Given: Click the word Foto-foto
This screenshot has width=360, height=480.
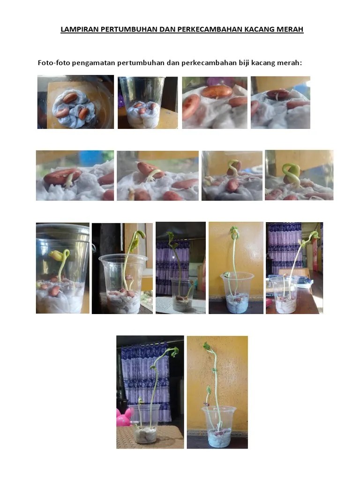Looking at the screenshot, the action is click(54, 63).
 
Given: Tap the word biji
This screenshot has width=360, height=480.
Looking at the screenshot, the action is click(244, 63).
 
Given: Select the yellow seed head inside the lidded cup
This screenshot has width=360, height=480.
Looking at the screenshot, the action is click(57, 255).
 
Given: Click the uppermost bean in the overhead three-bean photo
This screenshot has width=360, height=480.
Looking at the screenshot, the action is click(70, 98).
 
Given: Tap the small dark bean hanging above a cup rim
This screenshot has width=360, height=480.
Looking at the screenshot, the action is click(206, 405).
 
